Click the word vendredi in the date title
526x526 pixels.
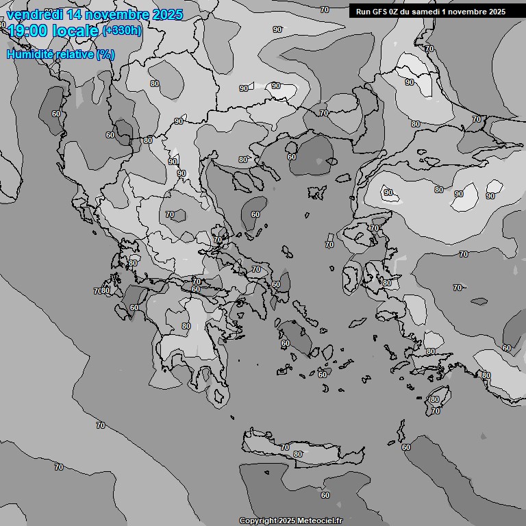tap(32, 14)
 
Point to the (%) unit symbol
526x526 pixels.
tap(105, 54)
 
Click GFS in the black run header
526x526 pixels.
tap(381, 11)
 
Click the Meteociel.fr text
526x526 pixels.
tap(318, 521)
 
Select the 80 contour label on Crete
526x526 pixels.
tap(297, 454)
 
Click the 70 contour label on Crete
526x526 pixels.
tap(285, 447)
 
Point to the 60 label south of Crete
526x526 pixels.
tap(325, 495)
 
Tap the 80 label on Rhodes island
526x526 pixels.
tap(434, 399)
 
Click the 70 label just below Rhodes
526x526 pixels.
tap(436, 411)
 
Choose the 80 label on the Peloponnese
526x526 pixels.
tap(186, 326)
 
